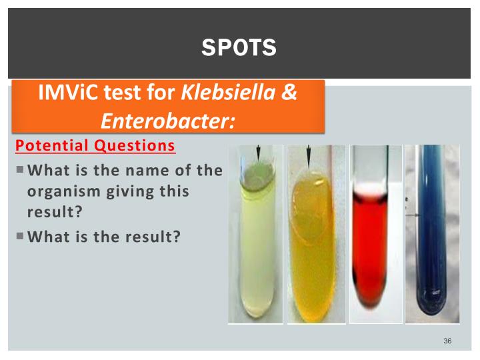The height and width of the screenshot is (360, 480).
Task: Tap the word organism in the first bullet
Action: point(63,191)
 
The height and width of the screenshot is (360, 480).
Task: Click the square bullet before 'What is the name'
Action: point(20,170)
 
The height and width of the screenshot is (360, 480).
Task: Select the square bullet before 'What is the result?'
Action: point(20,235)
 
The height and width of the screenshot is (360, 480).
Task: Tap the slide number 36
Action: point(447,341)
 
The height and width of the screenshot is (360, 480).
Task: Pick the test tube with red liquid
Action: point(375,247)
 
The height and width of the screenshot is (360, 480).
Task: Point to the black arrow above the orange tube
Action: point(308,157)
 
